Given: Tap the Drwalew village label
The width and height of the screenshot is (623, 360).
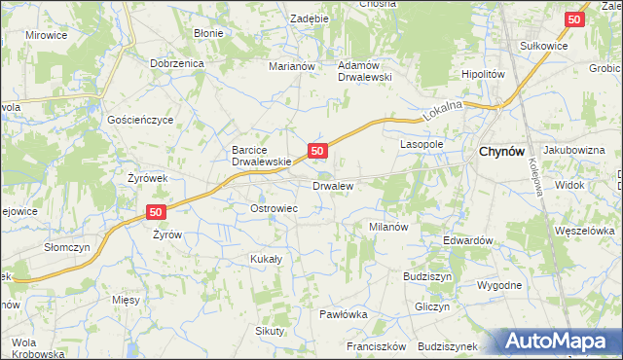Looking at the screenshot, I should pyautogui.click(x=333, y=184).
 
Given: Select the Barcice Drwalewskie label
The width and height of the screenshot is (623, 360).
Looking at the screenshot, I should pyautogui.click(x=261, y=156).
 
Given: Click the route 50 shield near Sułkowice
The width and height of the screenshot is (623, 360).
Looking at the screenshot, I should pyautogui.click(x=575, y=18).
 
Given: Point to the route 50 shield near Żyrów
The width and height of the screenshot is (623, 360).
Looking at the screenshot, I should pyautogui.click(x=156, y=211).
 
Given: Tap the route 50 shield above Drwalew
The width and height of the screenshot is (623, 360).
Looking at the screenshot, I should pyautogui.click(x=316, y=150).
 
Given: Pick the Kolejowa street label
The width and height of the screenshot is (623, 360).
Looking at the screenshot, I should pyautogui.click(x=536, y=179).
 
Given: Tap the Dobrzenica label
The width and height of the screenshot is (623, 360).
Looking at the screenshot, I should pyautogui.click(x=176, y=62).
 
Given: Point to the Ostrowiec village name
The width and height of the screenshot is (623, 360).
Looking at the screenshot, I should pyautogui.click(x=275, y=208).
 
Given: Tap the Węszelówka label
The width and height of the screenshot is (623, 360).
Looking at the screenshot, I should pyautogui.click(x=583, y=231).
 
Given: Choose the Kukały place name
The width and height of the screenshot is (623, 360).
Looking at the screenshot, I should pyautogui.click(x=266, y=259).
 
